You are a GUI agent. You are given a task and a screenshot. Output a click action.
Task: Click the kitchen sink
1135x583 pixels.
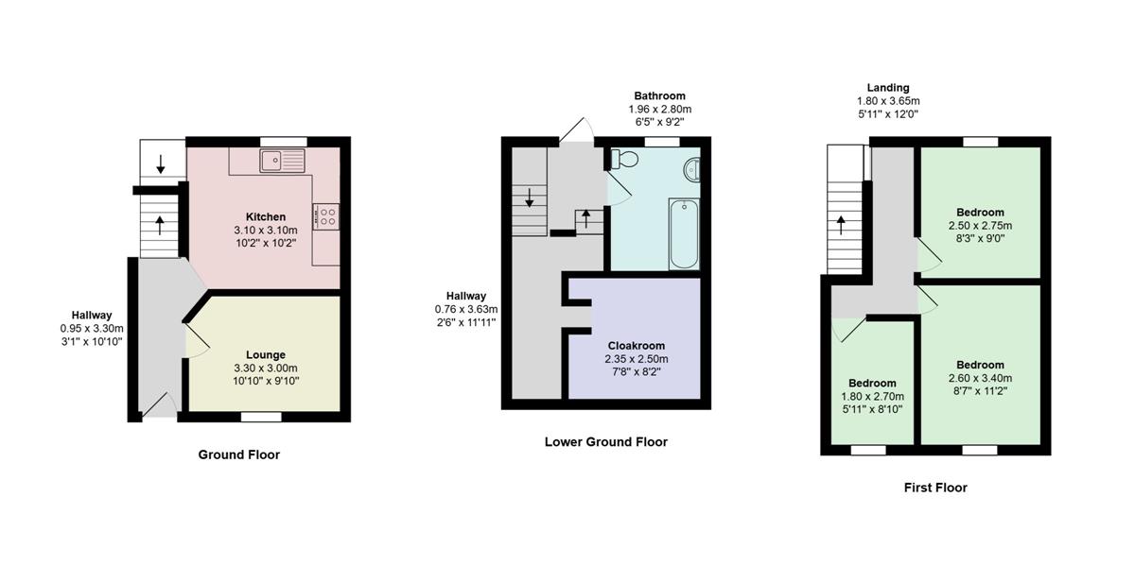tap(282, 161)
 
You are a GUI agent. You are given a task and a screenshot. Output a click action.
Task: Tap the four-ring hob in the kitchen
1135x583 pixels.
tap(325, 216)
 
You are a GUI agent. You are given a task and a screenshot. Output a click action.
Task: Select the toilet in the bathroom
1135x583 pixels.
tap(623, 159)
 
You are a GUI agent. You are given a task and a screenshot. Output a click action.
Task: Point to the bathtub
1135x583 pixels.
tap(684, 233)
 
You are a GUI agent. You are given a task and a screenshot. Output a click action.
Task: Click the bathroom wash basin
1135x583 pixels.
tap(692, 169)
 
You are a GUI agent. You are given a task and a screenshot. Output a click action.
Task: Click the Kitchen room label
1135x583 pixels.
tap(266, 216)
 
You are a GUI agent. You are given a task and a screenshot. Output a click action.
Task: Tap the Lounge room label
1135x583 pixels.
tap(266, 354)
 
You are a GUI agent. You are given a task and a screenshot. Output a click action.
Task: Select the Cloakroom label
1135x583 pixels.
tap(637, 346)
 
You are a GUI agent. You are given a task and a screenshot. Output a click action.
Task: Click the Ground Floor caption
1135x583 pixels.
tap(238, 454)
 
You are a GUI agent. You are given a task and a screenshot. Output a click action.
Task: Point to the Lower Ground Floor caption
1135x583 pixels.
tap(606, 442)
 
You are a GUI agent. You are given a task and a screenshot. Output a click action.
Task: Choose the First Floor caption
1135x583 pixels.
tap(935, 488)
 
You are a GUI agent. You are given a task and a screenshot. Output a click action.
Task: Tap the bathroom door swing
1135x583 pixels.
tap(620, 187)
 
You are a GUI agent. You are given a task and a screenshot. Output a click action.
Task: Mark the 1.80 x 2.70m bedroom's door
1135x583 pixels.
tap(848, 330)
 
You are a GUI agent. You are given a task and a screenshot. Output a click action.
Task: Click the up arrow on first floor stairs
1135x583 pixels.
tap(841, 225)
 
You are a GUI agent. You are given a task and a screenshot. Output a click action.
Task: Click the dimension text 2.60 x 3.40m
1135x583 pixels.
tap(980, 378)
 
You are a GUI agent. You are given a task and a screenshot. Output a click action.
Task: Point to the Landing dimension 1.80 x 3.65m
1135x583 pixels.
tap(888, 101)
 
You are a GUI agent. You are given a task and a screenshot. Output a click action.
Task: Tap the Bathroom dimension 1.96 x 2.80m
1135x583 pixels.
tap(660, 109)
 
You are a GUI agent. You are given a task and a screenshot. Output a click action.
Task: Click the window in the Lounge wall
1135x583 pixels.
tap(261, 417)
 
